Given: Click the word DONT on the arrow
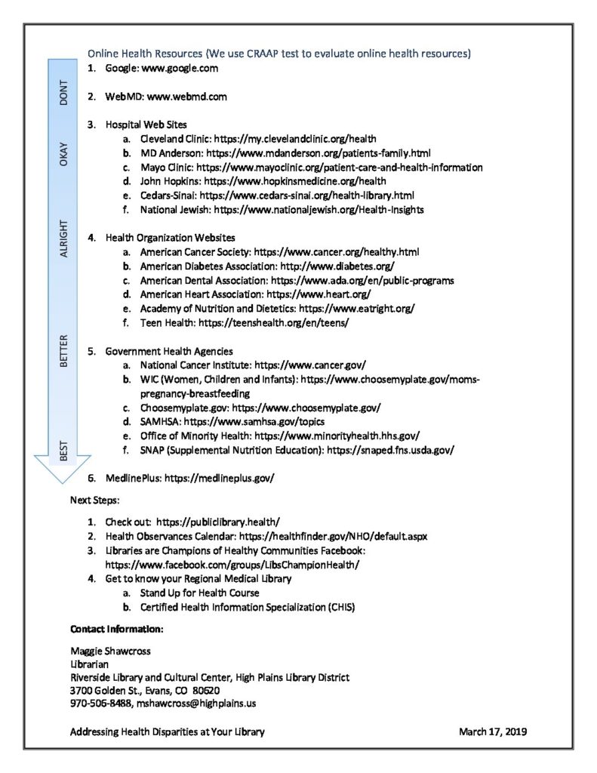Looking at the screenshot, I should pos(63,91).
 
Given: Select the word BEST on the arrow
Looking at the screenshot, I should pos(63,451).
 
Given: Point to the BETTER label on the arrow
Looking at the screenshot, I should pos(63,350).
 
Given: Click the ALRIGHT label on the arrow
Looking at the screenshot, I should pos(63,239).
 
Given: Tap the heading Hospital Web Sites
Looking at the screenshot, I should pos(146,124).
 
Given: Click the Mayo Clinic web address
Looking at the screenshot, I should pos(340,167).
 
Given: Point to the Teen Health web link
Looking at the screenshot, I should pos(274,322).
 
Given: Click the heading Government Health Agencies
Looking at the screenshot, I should pos(169,351).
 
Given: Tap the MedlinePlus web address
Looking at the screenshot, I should pos(219,478).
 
